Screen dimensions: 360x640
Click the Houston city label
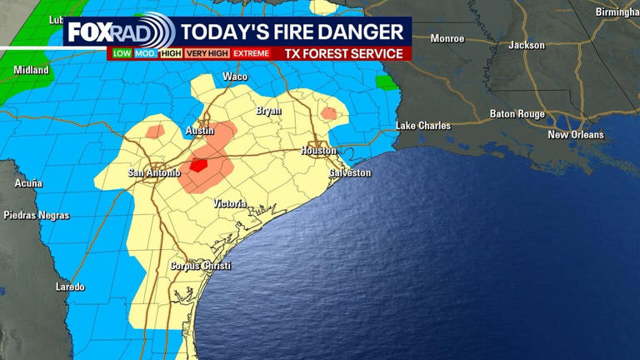point(318,151)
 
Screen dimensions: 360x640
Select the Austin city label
point(199,132)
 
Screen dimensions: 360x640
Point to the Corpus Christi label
point(200,266)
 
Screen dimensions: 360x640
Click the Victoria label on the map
point(229,203)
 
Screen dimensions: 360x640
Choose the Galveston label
point(350,172)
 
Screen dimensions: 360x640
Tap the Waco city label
point(235,77)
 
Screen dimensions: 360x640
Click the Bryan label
point(268,111)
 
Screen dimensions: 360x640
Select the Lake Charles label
point(422,126)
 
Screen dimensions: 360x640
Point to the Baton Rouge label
point(517,114)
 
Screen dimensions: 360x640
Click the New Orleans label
point(576,134)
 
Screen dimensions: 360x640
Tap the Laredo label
point(70,287)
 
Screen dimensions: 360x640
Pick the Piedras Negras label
point(37,215)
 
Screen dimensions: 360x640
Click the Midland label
point(31,70)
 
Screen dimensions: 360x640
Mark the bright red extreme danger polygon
point(198,165)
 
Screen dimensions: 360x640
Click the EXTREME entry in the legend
point(251,53)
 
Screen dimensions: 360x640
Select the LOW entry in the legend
point(122,53)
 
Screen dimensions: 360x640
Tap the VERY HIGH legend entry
point(207,53)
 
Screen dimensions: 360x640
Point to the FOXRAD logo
point(121,32)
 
